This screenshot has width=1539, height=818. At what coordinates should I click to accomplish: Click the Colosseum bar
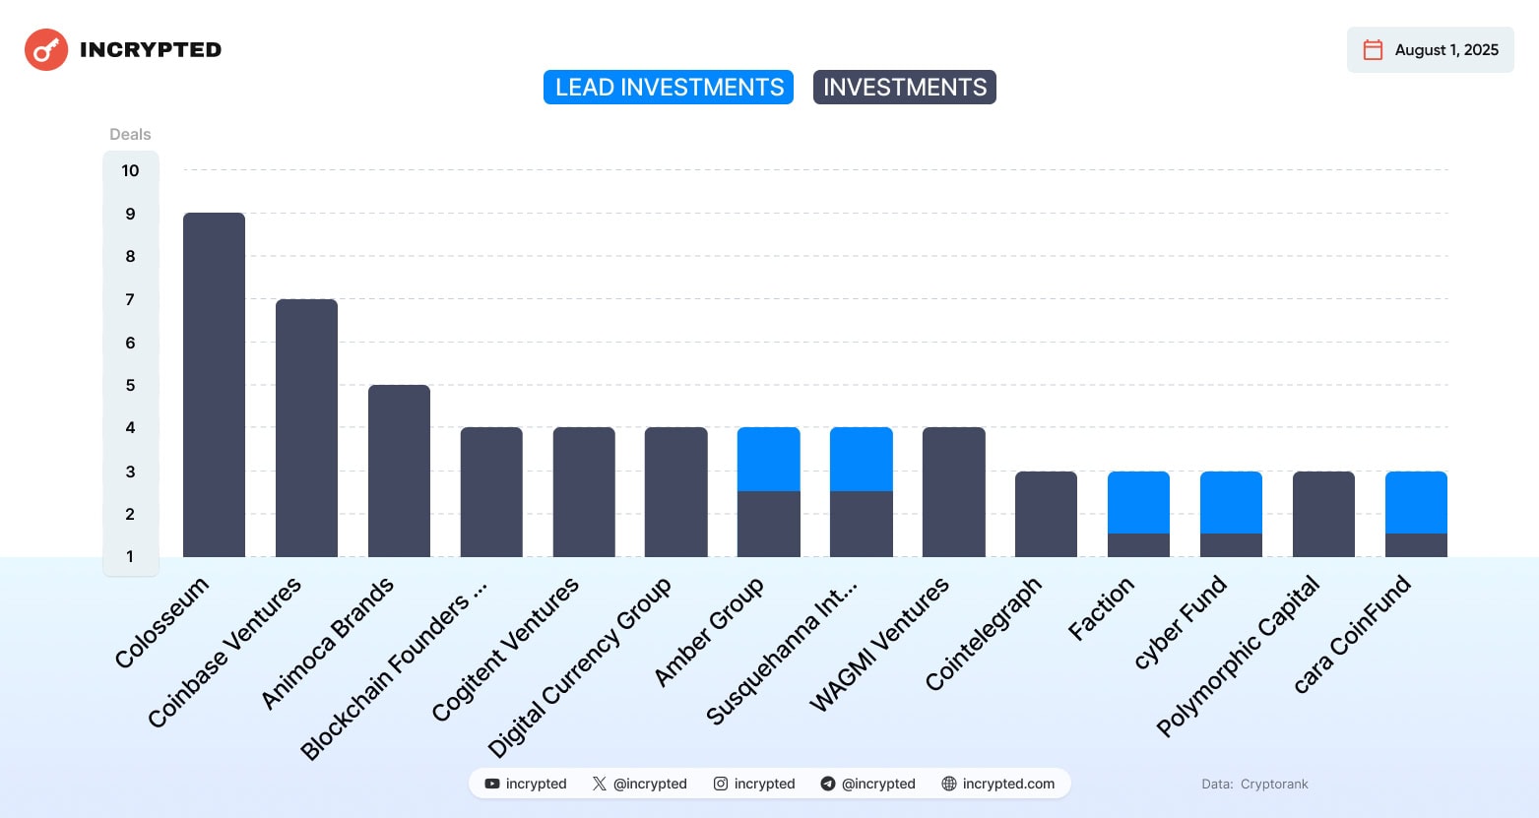214,384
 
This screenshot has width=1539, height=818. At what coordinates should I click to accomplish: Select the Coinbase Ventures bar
306,428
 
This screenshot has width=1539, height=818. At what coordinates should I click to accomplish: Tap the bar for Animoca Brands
399,471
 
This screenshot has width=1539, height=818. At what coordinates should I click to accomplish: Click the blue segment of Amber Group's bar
768,459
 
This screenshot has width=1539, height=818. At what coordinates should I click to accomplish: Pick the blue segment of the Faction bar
1138,502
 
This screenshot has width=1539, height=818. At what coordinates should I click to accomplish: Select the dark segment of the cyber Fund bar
1231,545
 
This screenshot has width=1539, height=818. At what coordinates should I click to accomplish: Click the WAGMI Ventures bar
953,492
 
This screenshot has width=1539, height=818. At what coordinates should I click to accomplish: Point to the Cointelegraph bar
1046,514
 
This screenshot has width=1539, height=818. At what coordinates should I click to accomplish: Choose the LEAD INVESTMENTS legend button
669,88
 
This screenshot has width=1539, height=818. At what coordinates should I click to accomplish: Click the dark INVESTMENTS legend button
904,88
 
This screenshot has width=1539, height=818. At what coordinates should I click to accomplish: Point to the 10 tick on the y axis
130,170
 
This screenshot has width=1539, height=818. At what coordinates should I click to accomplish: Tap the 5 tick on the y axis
130,385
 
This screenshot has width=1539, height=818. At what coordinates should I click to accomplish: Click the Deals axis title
130,134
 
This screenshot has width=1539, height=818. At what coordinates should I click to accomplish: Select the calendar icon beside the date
1373,50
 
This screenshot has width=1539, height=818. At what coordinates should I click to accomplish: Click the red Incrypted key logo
46,50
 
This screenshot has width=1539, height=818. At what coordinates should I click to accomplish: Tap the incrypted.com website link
1007,784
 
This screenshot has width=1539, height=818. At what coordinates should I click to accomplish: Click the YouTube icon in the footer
492,784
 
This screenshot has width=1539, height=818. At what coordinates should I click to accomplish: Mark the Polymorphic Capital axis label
1238,657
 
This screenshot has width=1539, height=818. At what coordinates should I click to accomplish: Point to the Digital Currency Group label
579,667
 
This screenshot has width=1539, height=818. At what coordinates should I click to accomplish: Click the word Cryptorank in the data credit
1274,785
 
